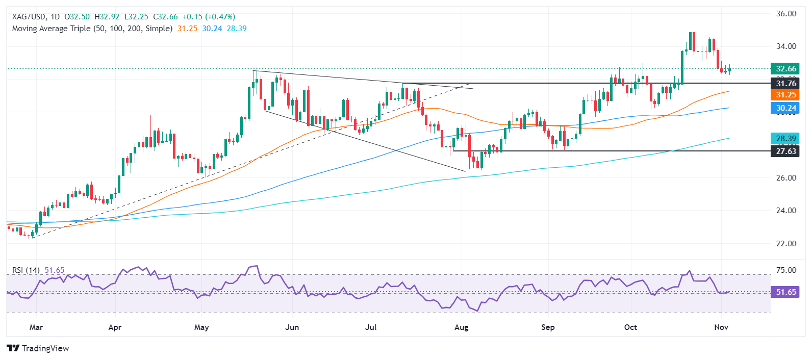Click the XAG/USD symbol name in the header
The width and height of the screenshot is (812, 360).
point(29,17)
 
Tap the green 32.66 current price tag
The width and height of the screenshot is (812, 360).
point(785,69)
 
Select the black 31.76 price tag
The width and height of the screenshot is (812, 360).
point(785,83)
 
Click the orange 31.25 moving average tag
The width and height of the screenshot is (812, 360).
point(785,95)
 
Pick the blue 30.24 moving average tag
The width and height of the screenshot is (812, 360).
point(785,108)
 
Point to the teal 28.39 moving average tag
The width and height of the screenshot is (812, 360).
point(785,139)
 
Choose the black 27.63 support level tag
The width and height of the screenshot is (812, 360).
point(785,151)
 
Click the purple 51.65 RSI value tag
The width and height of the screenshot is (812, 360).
point(785,292)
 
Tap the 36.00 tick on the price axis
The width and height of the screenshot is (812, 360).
point(786,14)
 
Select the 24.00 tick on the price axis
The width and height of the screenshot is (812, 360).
point(786,211)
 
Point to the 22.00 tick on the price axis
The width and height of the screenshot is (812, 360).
point(786,244)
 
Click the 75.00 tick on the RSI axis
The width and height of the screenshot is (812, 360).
point(786,270)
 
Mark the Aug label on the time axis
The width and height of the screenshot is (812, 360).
point(461,327)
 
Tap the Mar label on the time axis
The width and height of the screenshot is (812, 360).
point(36,327)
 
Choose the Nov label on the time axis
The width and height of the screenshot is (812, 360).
point(721,327)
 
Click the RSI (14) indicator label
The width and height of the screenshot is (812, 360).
point(26,270)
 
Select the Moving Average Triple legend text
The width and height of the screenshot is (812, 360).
point(92,29)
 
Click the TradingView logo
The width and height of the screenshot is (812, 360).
point(38,348)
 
